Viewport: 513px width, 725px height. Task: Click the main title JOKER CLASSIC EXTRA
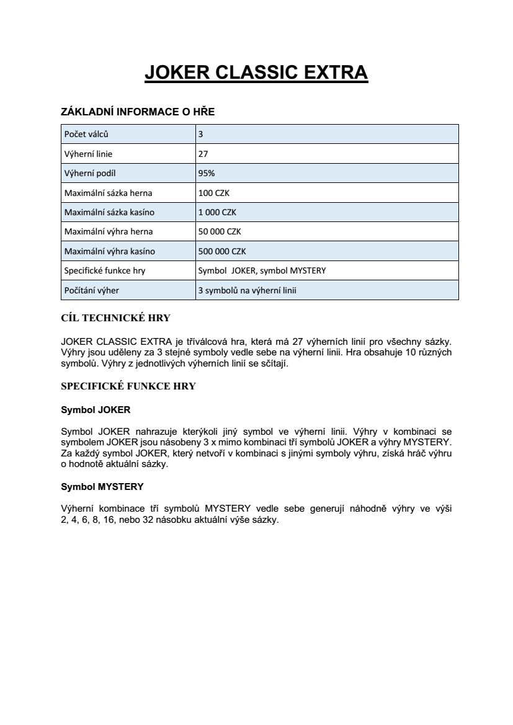point(256,73)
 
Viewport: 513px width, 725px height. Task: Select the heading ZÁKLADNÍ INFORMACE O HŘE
point(138,112)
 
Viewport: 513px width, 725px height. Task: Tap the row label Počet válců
point(86,134)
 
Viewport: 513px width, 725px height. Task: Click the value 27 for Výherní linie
point(203,154)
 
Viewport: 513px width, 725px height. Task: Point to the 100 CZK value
point(213,193)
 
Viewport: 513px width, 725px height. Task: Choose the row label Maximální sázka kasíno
point(109,212)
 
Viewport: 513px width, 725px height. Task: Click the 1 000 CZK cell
point(217,212)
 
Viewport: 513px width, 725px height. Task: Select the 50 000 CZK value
point(220,231)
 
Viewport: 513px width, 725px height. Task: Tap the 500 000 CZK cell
point(222,251)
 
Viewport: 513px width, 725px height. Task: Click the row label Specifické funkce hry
point(105,270)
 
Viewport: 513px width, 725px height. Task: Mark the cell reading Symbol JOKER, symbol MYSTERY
point(262,270)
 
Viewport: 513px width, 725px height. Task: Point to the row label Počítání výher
point(92,290)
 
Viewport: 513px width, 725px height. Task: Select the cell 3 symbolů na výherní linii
point(247,290)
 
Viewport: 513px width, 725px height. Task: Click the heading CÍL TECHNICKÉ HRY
point(115,318)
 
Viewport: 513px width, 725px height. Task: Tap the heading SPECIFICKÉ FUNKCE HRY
point(128,386)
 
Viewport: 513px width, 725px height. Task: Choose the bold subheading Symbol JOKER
point(96,410)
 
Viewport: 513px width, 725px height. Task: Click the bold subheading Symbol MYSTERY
point(102,486)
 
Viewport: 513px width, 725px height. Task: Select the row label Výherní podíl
point(90,173)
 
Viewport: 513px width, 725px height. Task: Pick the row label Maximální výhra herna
point(109,231)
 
